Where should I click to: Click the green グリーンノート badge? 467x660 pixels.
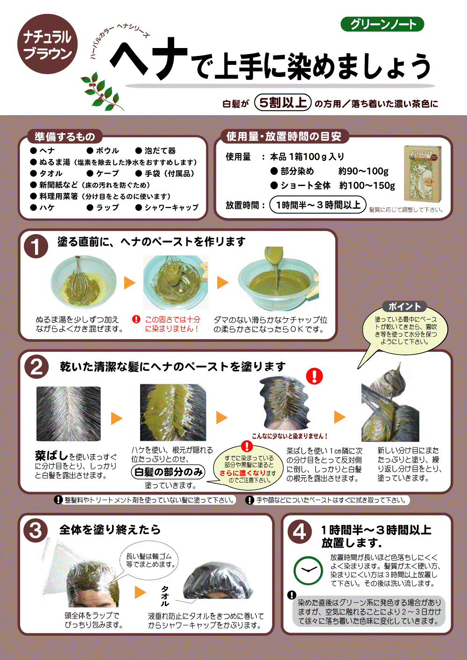pyautogui.click(x=382, y=24)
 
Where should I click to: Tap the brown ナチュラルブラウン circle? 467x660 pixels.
pyautogui.click(x=47, y=44)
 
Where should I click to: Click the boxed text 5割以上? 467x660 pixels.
pyautogui.click(x=283, y=103)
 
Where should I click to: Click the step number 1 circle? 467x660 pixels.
pyautogui.click(x=36, y=246)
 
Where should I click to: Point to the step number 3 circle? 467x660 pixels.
pyautogui.click(x=35, y=530)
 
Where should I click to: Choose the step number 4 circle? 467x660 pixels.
pyautogui.click(x=299, y=532)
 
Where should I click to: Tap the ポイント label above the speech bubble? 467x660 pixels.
pyautogui.click(x=404, y=306)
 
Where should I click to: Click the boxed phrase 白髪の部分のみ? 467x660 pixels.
pyautogui.click(x=168, y=472)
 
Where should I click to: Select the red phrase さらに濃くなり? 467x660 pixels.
pyautogui.click(x=242, y=473)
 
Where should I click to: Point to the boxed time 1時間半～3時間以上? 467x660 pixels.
pyautogui.click(x=318, y=204)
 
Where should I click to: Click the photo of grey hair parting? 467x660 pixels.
pyautogui.click(x=69, y=414)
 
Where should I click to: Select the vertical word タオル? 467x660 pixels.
pyautogui.click(x=164, y=596)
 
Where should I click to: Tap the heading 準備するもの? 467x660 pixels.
pyautogui.click(x=64, y=136)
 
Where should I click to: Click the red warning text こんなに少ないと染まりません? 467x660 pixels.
pyautogui.click(x=290, y=436)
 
